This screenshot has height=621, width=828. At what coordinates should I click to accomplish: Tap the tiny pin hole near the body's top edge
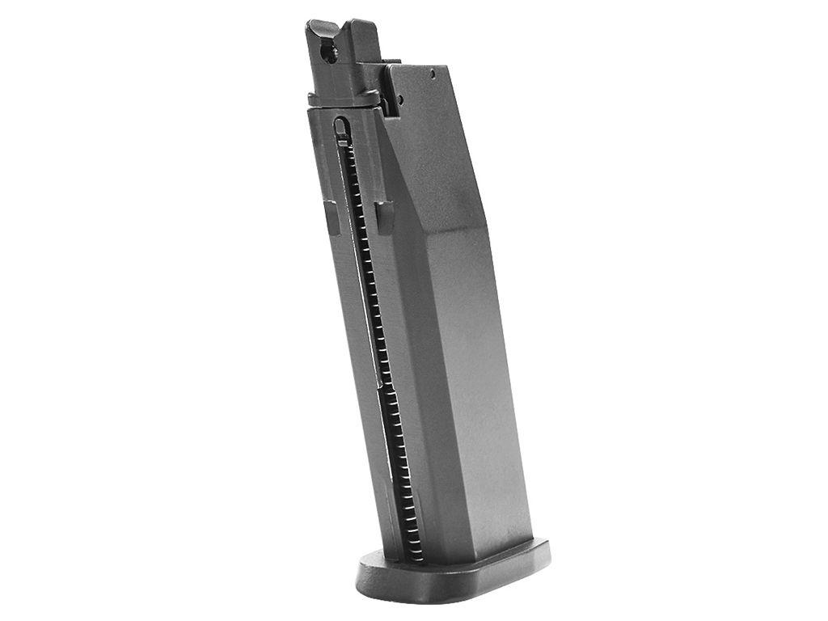(433, 74)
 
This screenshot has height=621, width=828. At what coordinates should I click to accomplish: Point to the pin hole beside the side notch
(399, 100)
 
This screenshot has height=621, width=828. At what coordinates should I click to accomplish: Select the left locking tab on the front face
(332, 215)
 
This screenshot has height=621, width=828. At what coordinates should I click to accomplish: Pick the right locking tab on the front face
(384, 216)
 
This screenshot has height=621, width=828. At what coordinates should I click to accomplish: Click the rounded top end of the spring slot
(341, 127)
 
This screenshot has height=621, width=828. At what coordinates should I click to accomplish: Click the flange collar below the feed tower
(344, 99)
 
